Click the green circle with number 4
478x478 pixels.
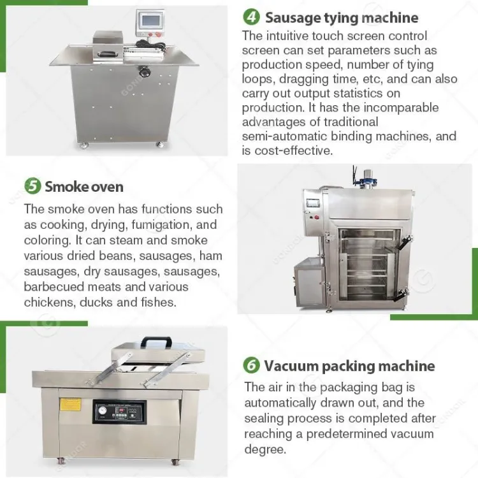click(x=251, y=17)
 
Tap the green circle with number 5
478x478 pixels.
click(x=33, y=185)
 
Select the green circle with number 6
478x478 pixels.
click(x=251, y=365)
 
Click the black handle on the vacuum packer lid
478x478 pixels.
click(x=157, y=342)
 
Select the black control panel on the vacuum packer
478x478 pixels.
click(x=120, y=412)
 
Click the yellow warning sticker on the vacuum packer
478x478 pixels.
click(x=70, y=404)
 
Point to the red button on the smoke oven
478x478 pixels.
click(x=316, y=217)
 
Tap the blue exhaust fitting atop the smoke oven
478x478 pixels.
click(x=369, y=179)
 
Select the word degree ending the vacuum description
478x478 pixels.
click(x=265, y=449)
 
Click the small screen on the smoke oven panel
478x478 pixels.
click(x=314, y=204)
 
